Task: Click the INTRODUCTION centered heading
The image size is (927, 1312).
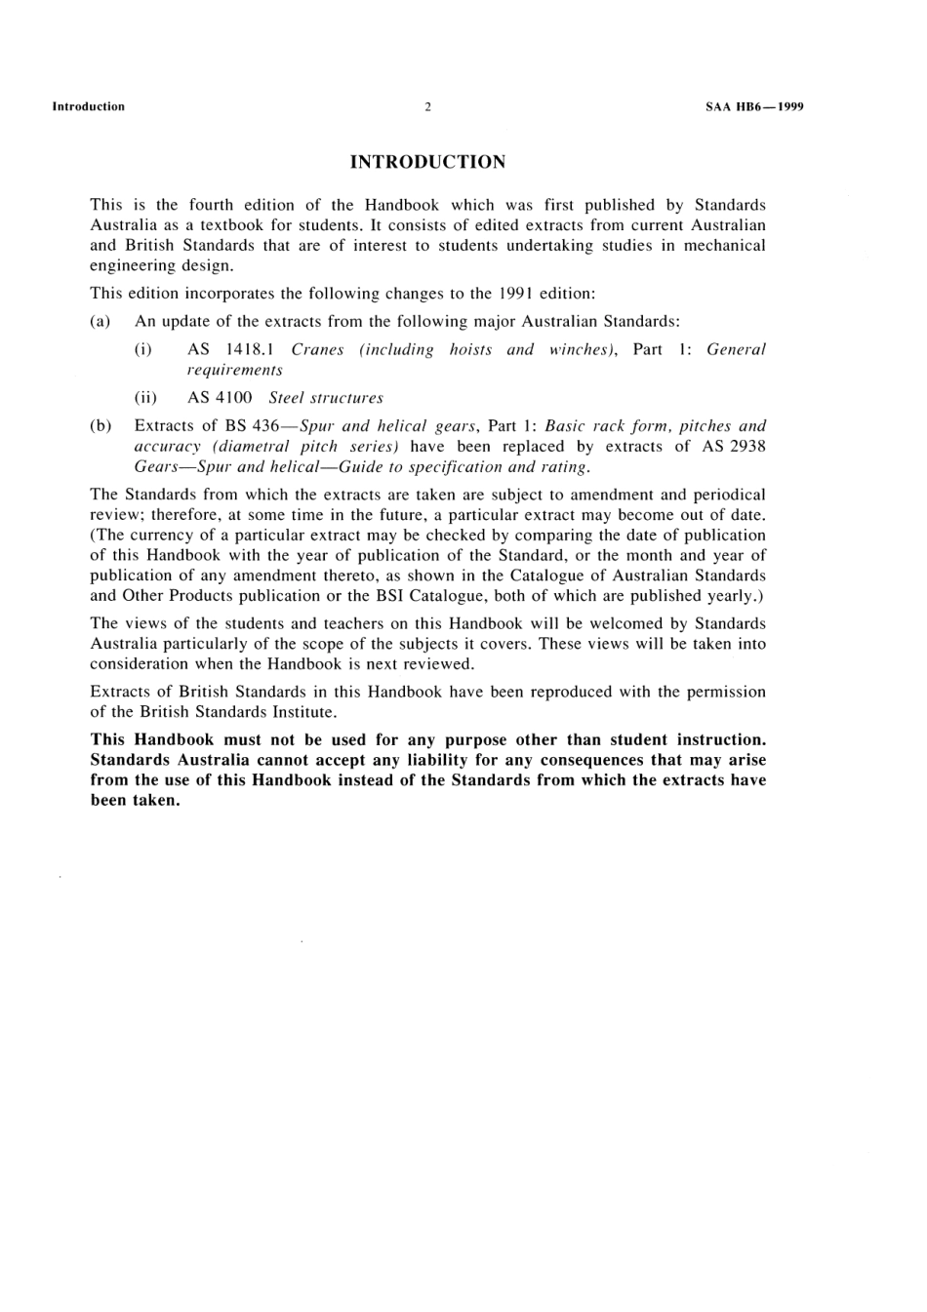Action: tap(427, 162)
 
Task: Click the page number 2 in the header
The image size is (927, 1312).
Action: tap(427, 107)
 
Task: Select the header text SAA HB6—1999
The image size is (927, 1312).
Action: tap(754, 107)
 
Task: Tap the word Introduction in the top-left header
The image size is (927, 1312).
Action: tap(88, 107)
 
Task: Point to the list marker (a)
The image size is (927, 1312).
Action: tap(100, 321)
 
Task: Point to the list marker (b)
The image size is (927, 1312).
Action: tap(101, 426)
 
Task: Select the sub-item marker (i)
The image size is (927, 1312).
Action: tap(142, 349)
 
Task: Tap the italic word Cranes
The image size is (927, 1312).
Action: tap(317, 349)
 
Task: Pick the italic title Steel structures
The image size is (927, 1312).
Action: tap(326, 398)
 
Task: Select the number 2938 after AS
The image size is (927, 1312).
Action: tap(746, 446)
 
